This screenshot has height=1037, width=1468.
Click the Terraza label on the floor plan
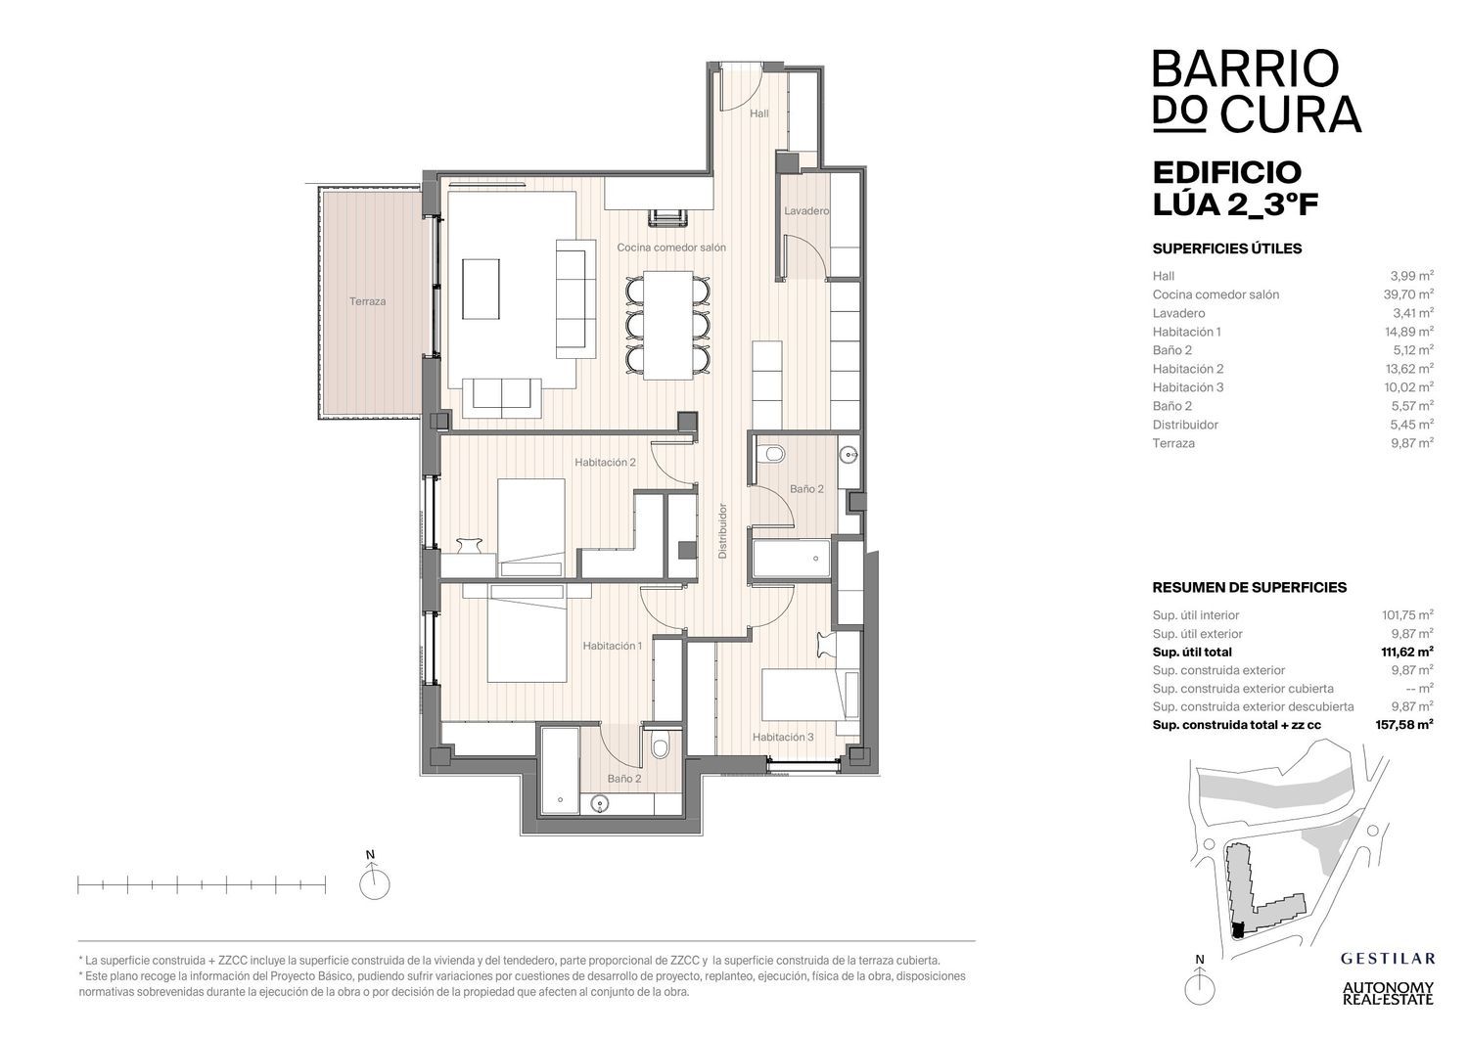click(x=367, y=301)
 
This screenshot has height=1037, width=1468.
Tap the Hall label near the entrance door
click(x=758, y=113)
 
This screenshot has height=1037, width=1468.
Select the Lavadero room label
click(x=806, y=211)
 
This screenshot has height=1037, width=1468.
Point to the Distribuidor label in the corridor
click(x=722, y=530)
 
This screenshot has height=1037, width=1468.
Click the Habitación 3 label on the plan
click(x=783, y=737)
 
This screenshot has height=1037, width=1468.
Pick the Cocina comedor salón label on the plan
click(x=671, y=248)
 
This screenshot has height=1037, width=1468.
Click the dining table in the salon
click(x=667, y=325)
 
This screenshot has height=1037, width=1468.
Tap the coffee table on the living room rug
click(x=481, y=289)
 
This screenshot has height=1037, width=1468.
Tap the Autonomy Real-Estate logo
click(x=1388, y=993)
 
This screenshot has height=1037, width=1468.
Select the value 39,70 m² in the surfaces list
click(x=1408, y=294)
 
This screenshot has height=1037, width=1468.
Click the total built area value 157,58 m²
click(x=1403, y=724)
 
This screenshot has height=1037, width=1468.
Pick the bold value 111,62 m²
click(x=1406, y=652)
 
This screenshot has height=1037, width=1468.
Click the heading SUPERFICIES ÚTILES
click(x=1227, y=248)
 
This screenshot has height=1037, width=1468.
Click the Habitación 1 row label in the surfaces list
click(x=1186, y=332)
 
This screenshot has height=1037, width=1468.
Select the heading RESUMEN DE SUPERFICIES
click(x=1249, y=587)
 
